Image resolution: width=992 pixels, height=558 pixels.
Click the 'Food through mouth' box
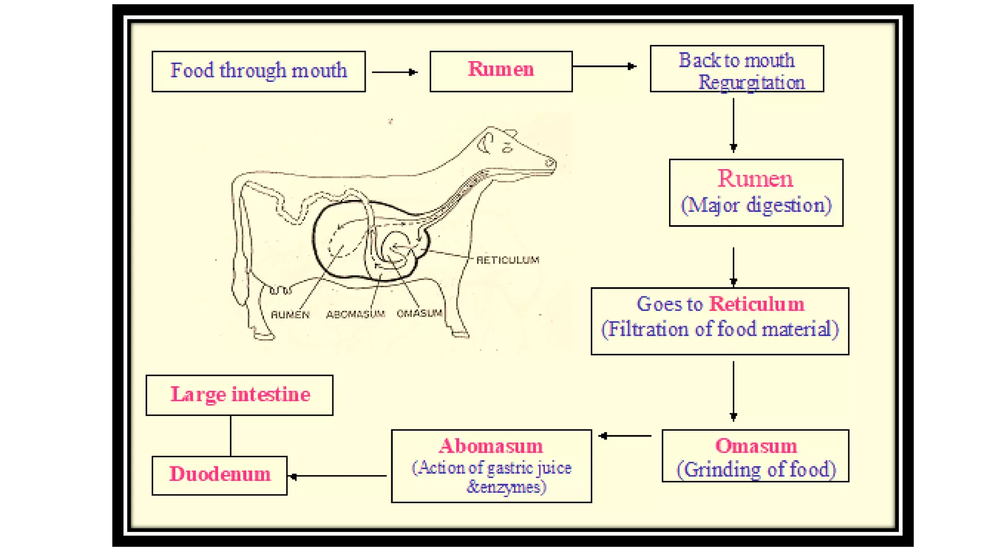click(258, 71)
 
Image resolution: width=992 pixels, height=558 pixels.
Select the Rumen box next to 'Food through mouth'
click(501, 71)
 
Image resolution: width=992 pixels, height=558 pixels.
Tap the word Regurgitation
click(751, 83)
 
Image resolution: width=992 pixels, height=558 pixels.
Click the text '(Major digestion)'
click(756, 205)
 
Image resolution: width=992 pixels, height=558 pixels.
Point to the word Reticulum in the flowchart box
click(757, 304)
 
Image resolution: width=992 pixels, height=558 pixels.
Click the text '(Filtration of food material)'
click(720, 329)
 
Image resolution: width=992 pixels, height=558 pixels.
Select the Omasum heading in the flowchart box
click(756, 446)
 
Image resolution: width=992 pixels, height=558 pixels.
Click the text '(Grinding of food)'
click(756, 469)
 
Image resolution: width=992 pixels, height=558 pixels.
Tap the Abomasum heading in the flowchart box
click(491, 446)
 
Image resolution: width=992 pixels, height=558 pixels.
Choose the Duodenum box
click(219, 475)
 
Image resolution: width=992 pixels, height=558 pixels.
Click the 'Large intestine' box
click(240, 395)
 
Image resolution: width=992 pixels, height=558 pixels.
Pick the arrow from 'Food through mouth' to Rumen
click(394, 72)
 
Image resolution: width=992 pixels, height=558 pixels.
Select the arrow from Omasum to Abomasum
click(625, 436)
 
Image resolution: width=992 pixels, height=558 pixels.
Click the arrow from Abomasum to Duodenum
click(339, 476)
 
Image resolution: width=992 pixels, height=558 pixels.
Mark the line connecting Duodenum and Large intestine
click(231, 435)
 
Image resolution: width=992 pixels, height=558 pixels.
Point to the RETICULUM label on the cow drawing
click(508, 260)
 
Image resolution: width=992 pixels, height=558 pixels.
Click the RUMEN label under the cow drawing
click(290, 315)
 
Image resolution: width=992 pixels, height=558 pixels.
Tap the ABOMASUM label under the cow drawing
click(356, 314)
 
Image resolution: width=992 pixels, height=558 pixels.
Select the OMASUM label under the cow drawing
click(419, 313)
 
